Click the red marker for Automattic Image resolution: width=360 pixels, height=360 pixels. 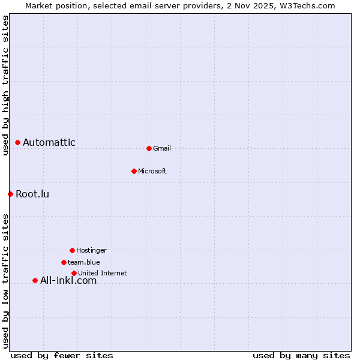click(17, 142)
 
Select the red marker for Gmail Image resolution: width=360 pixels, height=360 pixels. click(149, 148)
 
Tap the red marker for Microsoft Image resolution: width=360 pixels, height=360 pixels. click(134, 171)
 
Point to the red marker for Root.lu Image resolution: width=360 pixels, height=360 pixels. click(10, 194)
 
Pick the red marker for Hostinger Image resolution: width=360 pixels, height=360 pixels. click(72, 250)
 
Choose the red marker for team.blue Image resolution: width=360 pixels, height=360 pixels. click(64, 262)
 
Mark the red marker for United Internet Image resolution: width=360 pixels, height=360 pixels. click(74, 273)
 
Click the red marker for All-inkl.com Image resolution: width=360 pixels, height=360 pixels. click(35, 280)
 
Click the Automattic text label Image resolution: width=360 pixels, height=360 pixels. click(49, 143)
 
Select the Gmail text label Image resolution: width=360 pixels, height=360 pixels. click(162, 149)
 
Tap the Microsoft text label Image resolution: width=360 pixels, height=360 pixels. click(152, 172)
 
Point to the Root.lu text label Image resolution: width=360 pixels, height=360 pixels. click(32, 194)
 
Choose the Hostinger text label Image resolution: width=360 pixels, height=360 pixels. click(91, 251)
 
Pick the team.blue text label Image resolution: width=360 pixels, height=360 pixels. click(84, 263)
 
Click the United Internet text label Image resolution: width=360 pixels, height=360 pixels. click(103, 274)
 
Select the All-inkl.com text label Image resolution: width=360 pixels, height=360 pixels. click(68, 281)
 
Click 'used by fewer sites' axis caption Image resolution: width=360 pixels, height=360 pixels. click(62, 355)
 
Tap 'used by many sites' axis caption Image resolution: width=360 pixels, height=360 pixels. click(301, 355)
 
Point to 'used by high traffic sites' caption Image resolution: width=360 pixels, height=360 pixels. click(5, 85)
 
